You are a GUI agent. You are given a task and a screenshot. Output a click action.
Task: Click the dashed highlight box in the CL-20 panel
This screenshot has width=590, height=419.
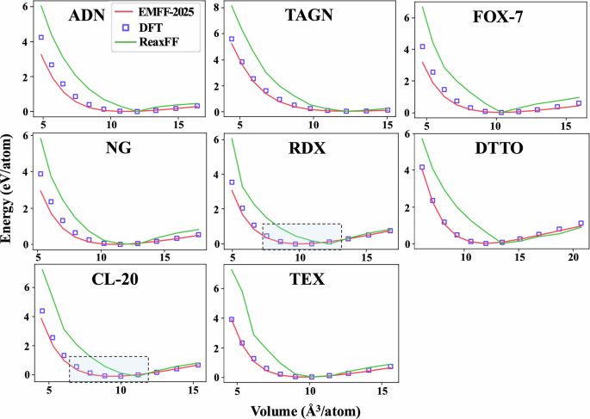[x=109, y=369]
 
